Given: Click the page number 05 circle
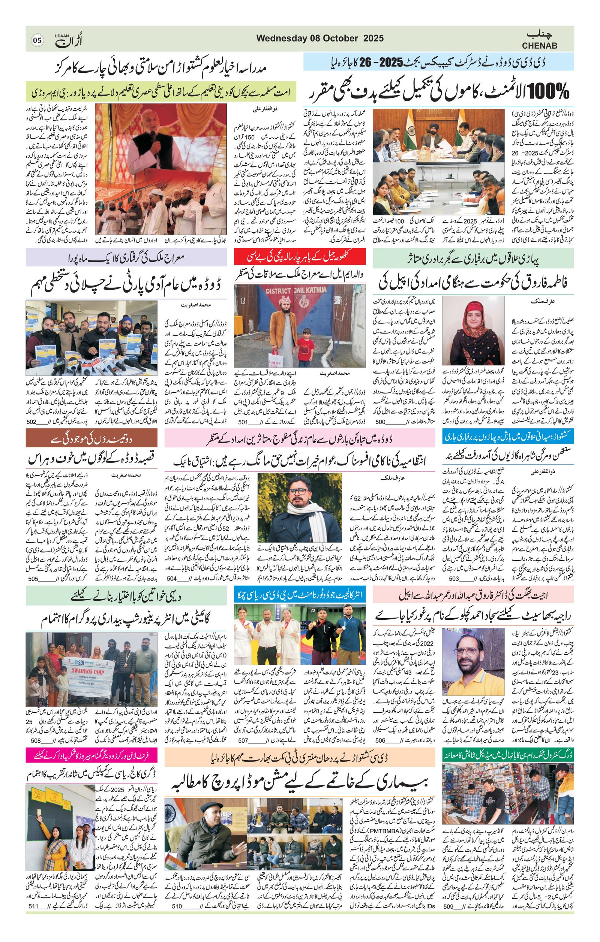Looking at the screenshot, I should point(37,40).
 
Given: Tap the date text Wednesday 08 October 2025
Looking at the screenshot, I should point(320,38).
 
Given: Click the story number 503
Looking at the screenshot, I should point(454,579).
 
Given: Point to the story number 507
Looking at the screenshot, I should point(243,740).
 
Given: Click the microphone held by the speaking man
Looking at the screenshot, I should point(153,137).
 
